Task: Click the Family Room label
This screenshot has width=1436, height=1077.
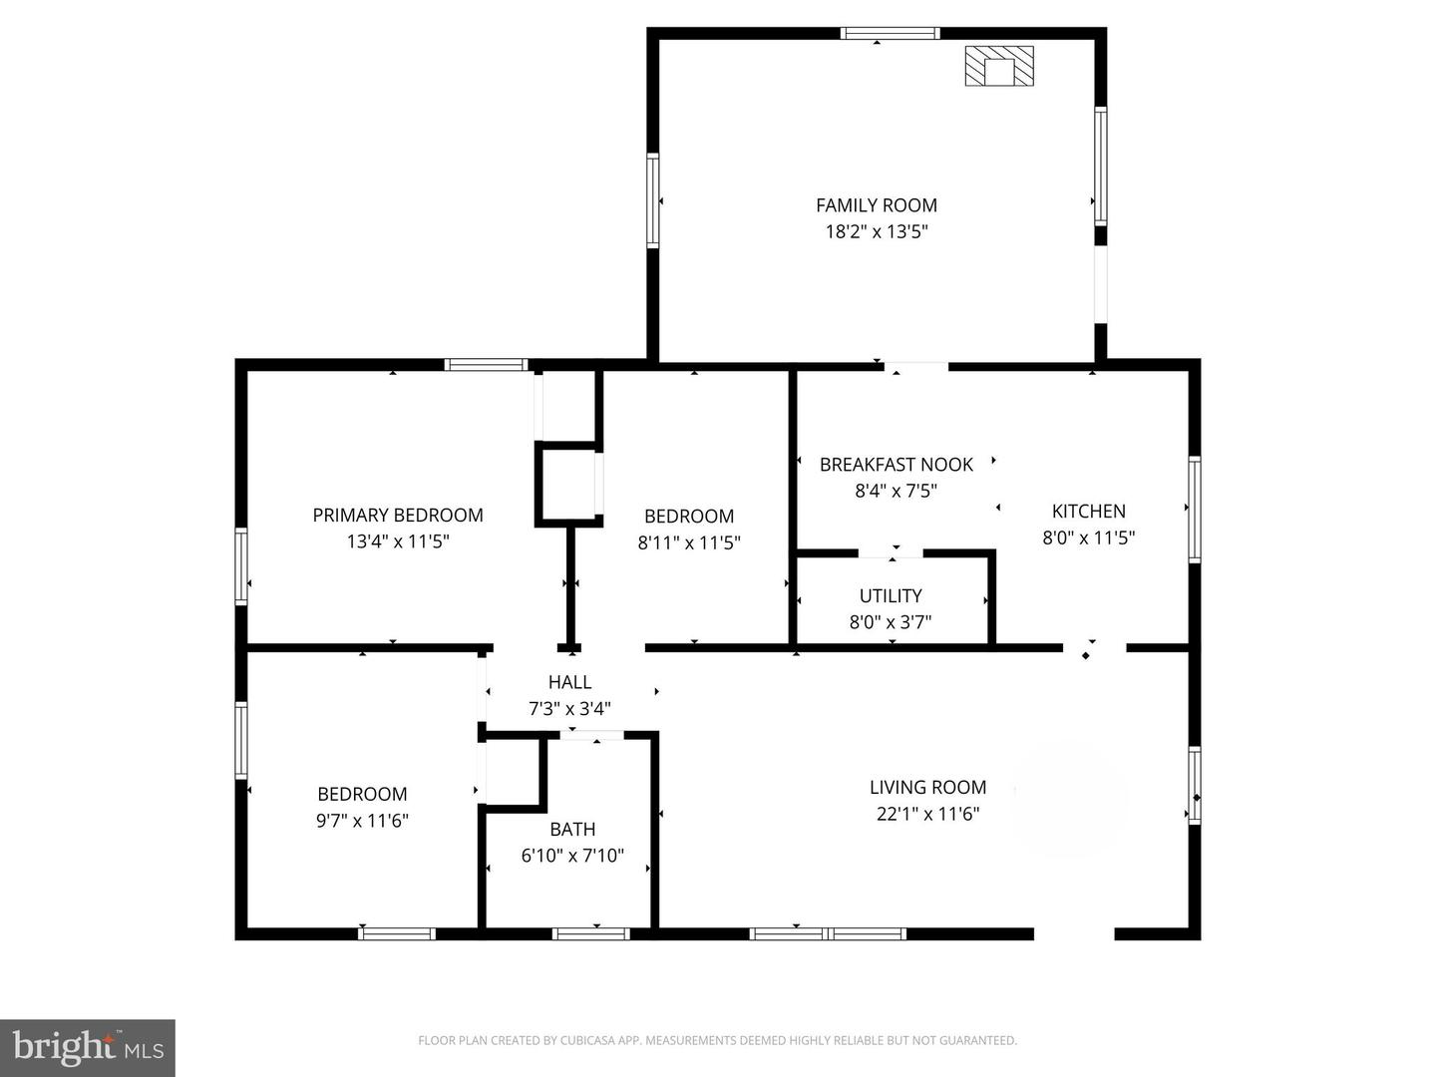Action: point(876,205)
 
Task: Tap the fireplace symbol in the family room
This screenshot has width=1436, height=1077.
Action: point(999,66)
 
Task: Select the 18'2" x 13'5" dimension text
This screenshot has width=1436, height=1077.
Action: point(876,231)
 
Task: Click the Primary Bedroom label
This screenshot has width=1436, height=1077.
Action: point(398,516)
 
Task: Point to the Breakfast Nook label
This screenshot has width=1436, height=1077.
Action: point(896,465)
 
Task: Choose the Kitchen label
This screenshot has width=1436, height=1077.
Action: point(1089,511)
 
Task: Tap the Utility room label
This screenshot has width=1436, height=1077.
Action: point(891,595)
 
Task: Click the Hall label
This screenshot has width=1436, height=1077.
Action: point(569,682)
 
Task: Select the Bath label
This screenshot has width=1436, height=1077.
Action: point(572,829)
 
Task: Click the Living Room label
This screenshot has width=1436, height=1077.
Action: point(927,788)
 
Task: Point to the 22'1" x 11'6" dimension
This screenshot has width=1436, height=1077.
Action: point(927,814)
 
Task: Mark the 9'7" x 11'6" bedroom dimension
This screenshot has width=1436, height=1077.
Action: point(362,820)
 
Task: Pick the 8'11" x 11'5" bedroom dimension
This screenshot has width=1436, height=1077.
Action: point(689,542)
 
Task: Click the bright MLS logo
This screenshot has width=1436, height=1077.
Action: point(88,1047)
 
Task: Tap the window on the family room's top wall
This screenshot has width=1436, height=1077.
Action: point(890,33)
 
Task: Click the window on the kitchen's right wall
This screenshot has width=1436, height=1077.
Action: point(1195,509)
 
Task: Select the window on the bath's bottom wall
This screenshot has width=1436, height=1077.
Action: point(590,933)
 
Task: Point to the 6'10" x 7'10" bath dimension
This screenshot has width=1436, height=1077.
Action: point(572,856)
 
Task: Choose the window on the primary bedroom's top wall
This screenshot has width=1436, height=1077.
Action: point(486,364)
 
